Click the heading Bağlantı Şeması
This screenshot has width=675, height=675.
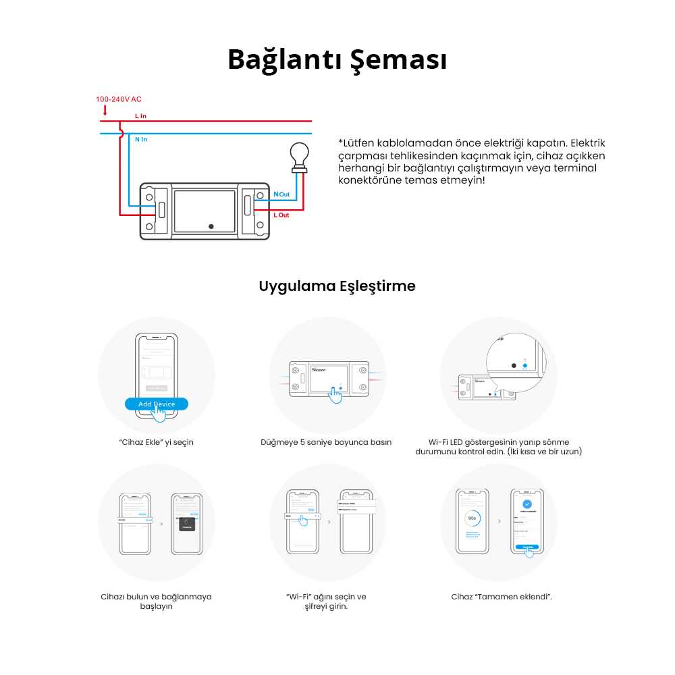coord(337,59)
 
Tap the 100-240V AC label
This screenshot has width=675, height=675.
coord(119,99)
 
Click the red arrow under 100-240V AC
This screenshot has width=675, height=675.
coord(105,109)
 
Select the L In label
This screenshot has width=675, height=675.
coord(140,116)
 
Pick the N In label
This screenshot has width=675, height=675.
coord(140,139)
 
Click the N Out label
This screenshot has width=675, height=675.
coord(281,194)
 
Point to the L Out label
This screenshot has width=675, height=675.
coord(281,215)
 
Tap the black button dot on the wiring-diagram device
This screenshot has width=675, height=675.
coord(211,226)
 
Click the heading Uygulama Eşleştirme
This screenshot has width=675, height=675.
coord(337,286)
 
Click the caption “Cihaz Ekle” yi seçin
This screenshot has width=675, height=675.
coord(156,442)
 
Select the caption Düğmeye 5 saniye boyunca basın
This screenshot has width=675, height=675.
coord(326,442)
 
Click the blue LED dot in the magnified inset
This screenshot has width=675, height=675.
coord(524,364)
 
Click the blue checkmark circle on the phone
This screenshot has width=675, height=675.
coord(527,504)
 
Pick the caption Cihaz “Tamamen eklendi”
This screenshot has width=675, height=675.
coord(502,597)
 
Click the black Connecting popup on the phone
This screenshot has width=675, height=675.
coord(186,524)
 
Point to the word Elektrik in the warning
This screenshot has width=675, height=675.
coord(588,143)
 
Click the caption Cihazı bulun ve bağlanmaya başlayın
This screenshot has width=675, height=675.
coord(156,601)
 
